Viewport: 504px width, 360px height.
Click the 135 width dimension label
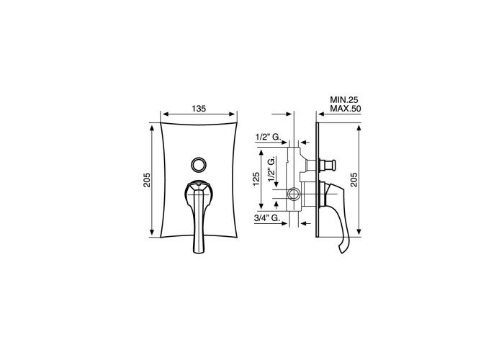point(199,109)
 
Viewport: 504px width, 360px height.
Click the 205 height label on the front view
point(147,180)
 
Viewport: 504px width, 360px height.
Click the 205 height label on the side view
point(354,180)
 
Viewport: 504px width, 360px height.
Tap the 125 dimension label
point(256,179)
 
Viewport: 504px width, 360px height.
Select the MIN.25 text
point(344,99)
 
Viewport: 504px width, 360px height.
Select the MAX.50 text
point(345,109)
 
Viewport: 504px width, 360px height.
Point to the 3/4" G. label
point(266,218)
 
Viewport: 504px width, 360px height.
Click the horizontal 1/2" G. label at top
point(268,137)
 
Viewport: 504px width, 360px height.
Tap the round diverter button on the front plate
point(198,165)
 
